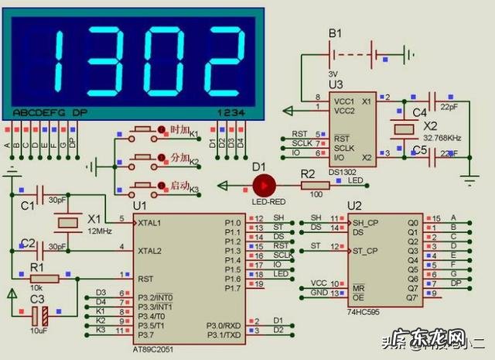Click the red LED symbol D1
[265, 185]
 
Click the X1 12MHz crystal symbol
[68, 223]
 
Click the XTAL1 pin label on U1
[149, 222]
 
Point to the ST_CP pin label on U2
[365, 250]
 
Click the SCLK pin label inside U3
[344, 147]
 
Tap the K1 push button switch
[144, 129]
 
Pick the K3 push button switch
[144, 187]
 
